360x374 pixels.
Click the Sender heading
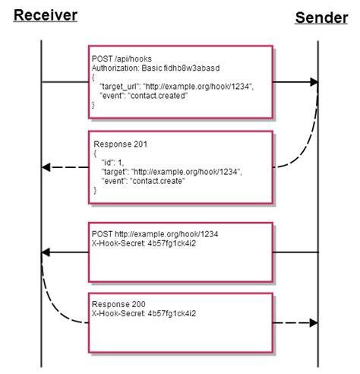(321, 17)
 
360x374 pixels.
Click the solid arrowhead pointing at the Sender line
(311, 81)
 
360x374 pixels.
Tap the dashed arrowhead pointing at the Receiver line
(47, 166)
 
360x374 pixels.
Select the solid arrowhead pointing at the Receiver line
(47, 252)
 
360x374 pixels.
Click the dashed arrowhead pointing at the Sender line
(311, 322)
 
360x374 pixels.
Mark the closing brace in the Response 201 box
(95, 191)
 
